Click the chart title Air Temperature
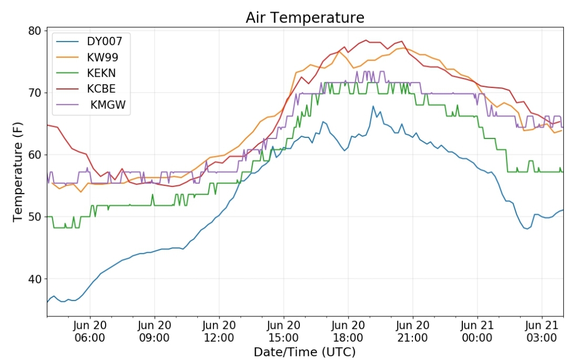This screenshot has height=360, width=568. (305, 17)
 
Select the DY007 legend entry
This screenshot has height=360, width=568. (104, 42)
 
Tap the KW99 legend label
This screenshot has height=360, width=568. (103, 57)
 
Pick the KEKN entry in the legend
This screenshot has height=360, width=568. (102, 73)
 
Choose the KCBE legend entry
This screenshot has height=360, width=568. (102, 89)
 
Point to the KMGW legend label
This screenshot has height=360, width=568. (108, 104)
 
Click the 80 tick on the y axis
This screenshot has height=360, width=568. (35, 31)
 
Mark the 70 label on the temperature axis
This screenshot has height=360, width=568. (35, 93)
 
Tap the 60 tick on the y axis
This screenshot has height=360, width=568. (35, 155)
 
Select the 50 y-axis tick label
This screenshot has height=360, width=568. (35, 217)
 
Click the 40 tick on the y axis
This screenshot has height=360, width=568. (35, 279)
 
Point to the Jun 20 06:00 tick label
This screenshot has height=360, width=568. (90, 332)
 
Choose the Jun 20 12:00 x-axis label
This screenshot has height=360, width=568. (219, 332)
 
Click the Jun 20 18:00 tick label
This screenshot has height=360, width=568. (348, 332)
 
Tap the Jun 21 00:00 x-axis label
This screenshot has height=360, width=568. (477, 332)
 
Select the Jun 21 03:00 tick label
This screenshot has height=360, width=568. (542, 332)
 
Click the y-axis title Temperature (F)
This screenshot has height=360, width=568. (17, 172)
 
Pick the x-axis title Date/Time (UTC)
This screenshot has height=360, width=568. (305, 352)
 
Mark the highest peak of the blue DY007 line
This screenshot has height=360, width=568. (373, 106)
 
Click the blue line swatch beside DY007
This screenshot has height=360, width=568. (67, 42)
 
